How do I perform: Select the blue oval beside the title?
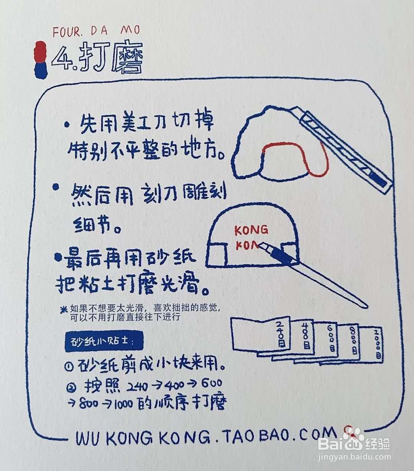pyautogui.click(x=40, y=70)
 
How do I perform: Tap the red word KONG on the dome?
pyautogui.click(x=251, y=230)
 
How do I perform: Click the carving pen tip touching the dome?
pyautogui.click(x=262, y=245)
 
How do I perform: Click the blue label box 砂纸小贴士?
pyautogui.click(x=103, y=341)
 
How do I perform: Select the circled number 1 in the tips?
pyautogui.click(x=69, y=366)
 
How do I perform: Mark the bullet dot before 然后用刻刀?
pyautogui.click(x=56, y=187)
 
